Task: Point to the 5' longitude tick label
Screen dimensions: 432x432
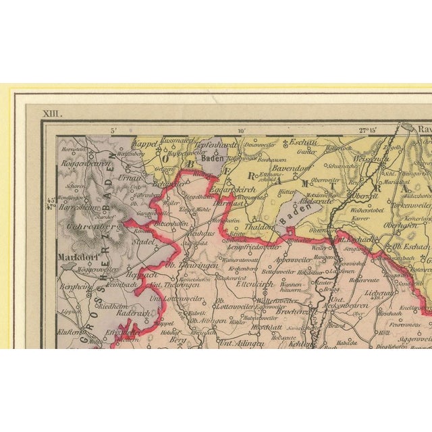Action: [x=114, y=132]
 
